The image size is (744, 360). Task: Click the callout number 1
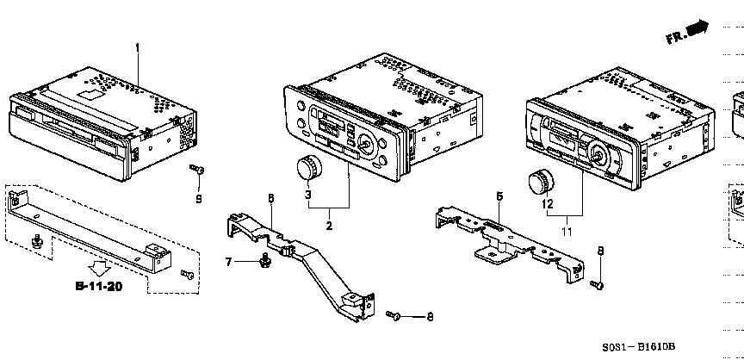[138, 48]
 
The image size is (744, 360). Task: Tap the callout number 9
[199, 199]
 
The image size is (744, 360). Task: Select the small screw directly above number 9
[197, 169]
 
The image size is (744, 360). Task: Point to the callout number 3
[308, 194]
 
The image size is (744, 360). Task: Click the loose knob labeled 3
[309, 169]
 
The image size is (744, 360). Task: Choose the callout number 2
[329, 226]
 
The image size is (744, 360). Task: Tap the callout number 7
[229, 261]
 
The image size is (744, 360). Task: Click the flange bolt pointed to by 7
[264, 260]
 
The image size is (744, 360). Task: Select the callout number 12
[547, 204]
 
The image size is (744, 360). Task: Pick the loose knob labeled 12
[541, 183]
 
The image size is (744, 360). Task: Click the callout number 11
[567, 232]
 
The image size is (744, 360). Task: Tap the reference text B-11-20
[99, 286]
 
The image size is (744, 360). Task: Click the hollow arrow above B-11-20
[100, 270]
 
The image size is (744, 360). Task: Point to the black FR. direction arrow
[698, 28]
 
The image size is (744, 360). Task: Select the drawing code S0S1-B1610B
[639, 347]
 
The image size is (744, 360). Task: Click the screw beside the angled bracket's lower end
[394, 315]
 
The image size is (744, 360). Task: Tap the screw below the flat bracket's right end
[597, 284]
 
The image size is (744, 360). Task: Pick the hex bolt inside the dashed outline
[35, 241]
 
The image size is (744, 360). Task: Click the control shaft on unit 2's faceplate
[365, 141]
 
